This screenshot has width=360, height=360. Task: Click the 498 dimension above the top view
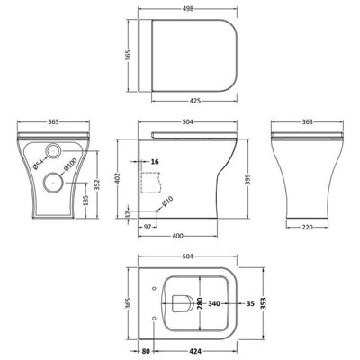tap(188, 9)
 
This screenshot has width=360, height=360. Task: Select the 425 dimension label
tap(195, 101)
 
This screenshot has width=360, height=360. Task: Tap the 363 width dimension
tap(308, 121)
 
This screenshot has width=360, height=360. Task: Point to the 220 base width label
tap(308, 228)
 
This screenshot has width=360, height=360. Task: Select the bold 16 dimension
tap(155, 162)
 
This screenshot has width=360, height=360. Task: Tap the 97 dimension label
tap(148, 227)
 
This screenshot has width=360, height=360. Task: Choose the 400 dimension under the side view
tap(178, 236)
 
